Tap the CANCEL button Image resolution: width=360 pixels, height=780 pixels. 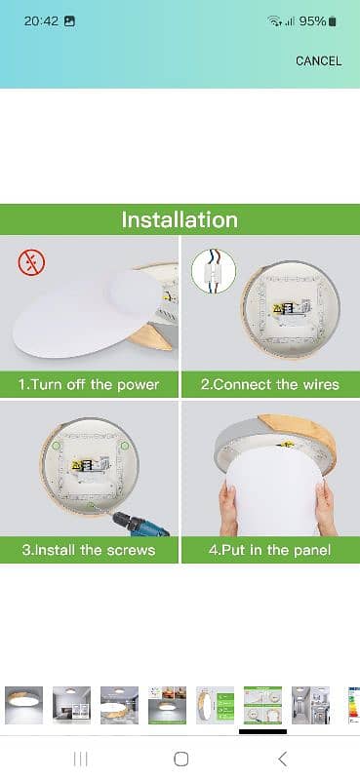(318, 61)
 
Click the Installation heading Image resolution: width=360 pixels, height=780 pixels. (180, 220)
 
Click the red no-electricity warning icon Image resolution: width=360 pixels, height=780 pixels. (31, 262)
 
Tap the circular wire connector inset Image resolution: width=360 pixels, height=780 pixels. (214, 271)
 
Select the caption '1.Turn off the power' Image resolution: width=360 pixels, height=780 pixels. (89, 384)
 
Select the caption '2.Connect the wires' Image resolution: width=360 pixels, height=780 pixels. (270, 384)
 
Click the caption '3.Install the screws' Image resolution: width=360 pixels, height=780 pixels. (89, 550)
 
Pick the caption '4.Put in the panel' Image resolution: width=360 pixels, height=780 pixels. (270, 550)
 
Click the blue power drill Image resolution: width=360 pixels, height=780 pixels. (140, 525)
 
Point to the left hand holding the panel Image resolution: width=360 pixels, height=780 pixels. (229, 507)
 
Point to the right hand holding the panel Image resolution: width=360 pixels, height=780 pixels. (326, 507)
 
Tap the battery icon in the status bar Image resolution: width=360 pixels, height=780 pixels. (333, 21)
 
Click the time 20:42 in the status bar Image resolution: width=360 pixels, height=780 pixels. (41, 21)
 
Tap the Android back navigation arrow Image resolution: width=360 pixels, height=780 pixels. (282, 759)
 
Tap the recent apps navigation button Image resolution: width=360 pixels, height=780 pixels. (80, 759)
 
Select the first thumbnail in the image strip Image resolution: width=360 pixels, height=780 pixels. (23, 705)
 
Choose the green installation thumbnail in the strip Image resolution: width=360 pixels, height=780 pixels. (262, 705)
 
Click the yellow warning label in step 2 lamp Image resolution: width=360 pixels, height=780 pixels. (276, 308)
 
